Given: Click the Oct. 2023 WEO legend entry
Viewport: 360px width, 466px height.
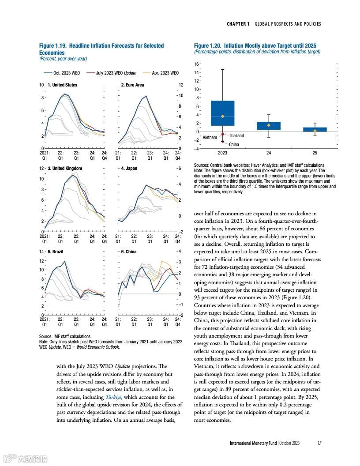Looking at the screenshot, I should click(60, 73).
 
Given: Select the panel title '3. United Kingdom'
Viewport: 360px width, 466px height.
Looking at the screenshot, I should click(64, 168).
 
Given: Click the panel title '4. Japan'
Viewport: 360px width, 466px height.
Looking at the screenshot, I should click(130, 168).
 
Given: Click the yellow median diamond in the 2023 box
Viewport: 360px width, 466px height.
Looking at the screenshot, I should click(223, 116).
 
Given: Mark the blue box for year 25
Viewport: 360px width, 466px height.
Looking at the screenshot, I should click(315, 130).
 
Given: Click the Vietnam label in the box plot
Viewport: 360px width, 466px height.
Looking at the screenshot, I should click(210, 137).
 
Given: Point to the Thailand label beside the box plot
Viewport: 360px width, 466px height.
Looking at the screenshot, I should click(236, 135).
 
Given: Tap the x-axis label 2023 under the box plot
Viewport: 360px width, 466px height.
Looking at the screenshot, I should click(222, 153).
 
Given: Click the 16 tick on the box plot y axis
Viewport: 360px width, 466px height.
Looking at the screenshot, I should click(197, 64).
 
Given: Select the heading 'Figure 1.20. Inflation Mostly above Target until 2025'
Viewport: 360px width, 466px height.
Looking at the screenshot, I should click(255, 46).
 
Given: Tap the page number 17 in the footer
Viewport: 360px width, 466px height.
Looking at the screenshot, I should click(319, 443).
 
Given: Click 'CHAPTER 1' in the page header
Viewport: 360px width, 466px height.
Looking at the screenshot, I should click(238, 24).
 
